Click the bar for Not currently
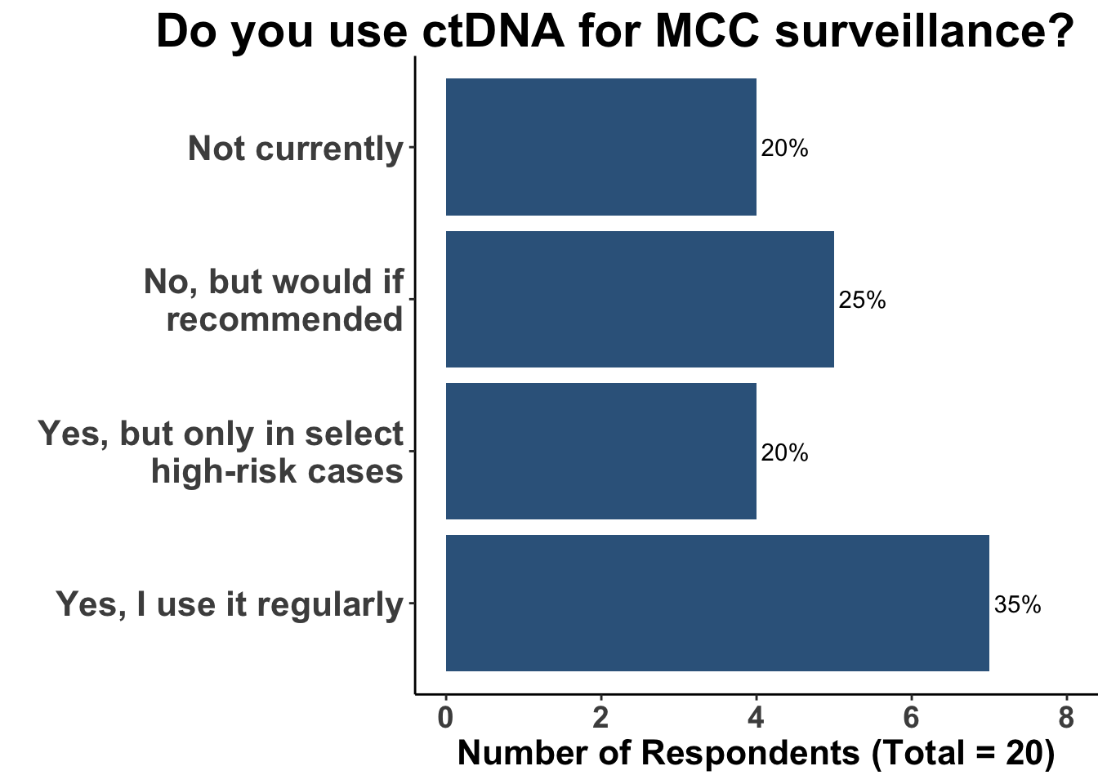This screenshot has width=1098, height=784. pos(600,147)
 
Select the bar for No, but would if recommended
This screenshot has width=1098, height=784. pos(640,299)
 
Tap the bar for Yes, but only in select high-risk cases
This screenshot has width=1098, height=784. pos(600,451)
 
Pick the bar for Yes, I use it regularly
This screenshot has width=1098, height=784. pos(717,603)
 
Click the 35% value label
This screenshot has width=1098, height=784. pos(1017,604)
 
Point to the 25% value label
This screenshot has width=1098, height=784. pos(862,301)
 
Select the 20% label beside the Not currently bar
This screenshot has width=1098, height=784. pos(784,149)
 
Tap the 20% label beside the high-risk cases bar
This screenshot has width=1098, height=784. pos(784,452)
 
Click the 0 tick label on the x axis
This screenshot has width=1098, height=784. pos(445,718)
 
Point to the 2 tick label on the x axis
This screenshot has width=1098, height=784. pos(600,718)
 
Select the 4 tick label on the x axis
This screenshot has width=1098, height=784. pos(756,718)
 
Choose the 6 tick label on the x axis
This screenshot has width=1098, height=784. pos(911,718)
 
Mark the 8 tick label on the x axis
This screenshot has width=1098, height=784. pos(1066,718)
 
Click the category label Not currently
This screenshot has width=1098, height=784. pos(296,149)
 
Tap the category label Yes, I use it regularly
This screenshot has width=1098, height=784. pos(230,604)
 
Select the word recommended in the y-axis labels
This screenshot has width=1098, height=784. pos(284,319)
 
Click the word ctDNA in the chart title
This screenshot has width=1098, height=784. pos(494,33)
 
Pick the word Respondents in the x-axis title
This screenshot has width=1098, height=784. pos(750,753)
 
